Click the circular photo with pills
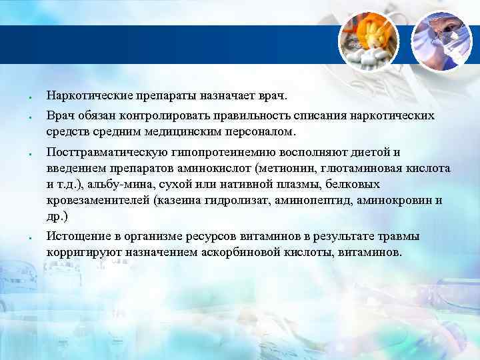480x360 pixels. click(369, 41)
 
